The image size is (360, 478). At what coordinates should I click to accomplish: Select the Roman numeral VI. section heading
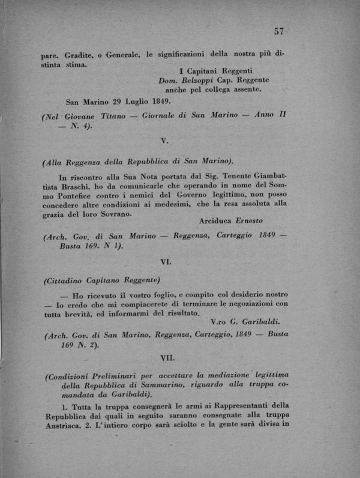(167, 262)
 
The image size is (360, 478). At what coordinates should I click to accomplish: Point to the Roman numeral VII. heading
(166, 357)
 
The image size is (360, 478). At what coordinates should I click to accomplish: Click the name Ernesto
(251, 221)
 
